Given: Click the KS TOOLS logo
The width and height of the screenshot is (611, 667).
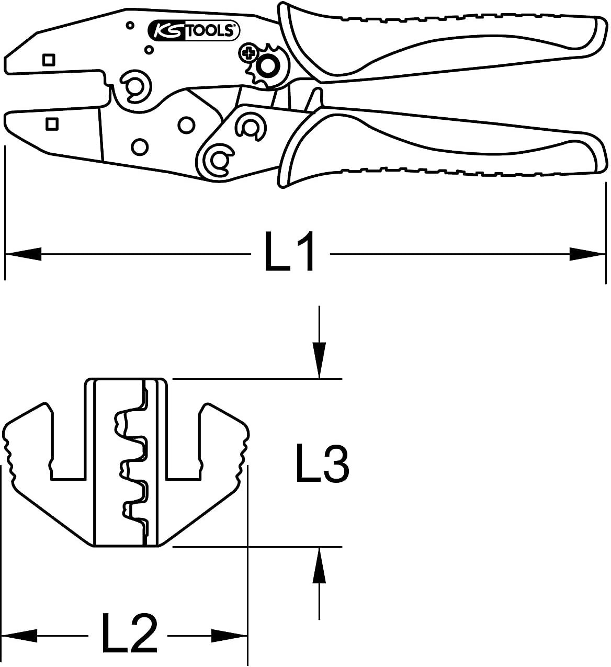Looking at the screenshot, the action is [x=194, y=30].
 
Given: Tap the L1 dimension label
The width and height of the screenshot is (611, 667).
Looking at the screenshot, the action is [x=290, y=251].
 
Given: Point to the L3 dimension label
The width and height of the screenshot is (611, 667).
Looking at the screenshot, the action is [x=322, y=463].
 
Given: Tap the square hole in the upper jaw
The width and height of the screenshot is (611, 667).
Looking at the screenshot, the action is [x=49, y=60].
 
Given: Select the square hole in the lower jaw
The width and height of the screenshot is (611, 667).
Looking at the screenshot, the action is [x=52, y=124].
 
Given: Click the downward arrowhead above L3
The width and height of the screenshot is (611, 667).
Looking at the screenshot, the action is [x=319, y=360].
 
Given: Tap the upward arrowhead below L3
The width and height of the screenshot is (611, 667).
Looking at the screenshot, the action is [x=319, y=565].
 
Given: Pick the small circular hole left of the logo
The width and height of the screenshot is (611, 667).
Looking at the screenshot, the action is [x=130, y=25].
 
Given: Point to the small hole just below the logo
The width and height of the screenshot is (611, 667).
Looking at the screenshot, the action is [x=149, y=50].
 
